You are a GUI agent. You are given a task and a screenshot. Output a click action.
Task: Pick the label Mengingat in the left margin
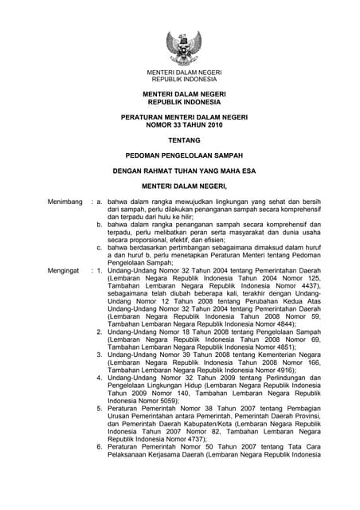[66, 271]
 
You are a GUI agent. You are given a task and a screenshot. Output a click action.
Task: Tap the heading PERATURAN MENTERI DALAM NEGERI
[185, 116]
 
